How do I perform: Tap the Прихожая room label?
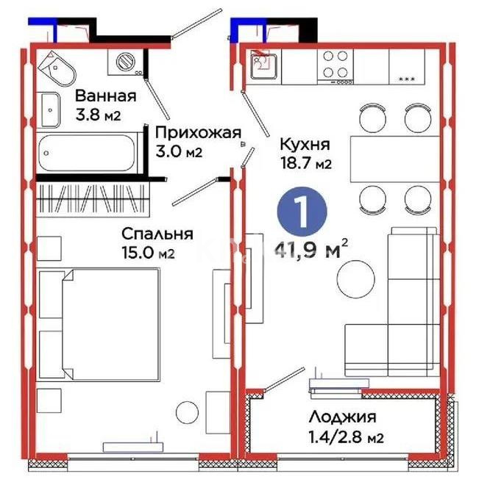pos(198,132)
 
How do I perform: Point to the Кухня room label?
pos(304,145)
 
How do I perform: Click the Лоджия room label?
pos(343,417)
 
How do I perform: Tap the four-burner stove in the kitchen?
pos(335,63)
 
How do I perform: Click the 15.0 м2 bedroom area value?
pos(150,253)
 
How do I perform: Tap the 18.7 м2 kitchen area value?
pos(304,165)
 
